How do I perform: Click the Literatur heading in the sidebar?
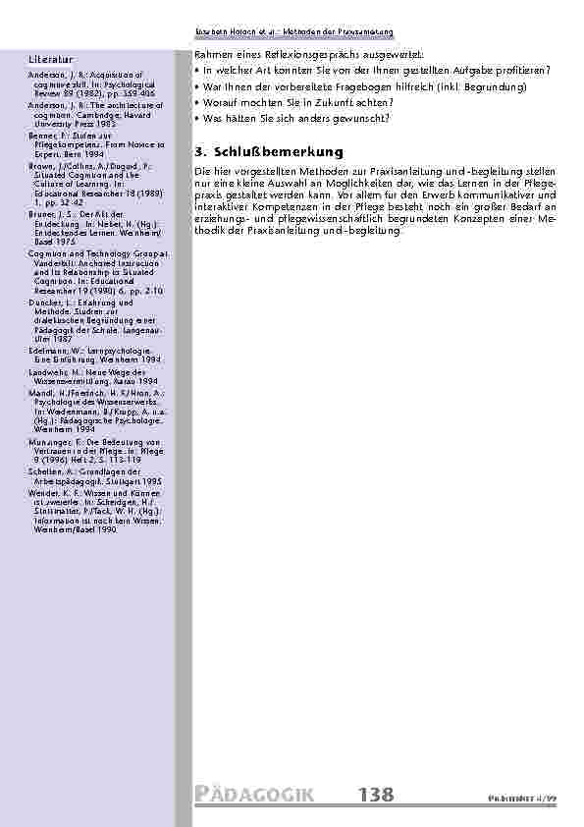point(50,60)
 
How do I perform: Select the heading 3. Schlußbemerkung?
point(269,152)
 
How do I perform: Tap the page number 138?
point(379,795)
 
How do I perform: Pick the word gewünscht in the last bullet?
point(361,118)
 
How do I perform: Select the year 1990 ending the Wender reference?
point(106,529)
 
